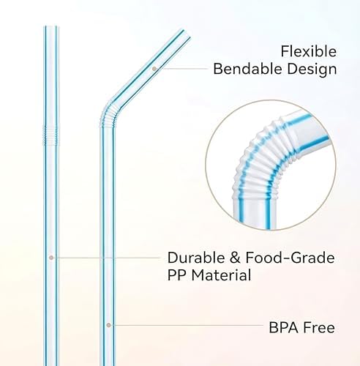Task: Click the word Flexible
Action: pyautogui.click(x=309, y=51)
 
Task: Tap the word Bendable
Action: pyautogui.click(x=248, y=69)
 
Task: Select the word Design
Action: pyautogui.click(x=312, y=70)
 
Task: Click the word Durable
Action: pyautogui.click(x=196, y=258)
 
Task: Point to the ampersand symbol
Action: pyautogui.click(x=235, y=258)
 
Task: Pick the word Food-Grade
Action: pyautogui.click(x=290, y=258)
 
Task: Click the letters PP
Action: pyautogui.click(x=177, y=275)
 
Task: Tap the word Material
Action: pyautogui.click(x=221, y=275)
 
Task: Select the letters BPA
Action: pyautogui.click(x=283, y=327)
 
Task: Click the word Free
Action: pyautogui.click(x=319, y=327)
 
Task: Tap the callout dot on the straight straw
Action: pyautogui.click(x=51, y=258)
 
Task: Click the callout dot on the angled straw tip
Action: pyautogui.click(x=154, y=69)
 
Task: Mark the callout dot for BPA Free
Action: pyautogui.click(x=109, y=325)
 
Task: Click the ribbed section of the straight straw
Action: pyautogui.click(x=51, y=135)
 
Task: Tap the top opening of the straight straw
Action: pyautogui.click(x=51, y=26)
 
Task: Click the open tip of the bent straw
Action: pyautogui.click(x=187, y=34)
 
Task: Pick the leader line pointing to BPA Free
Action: pyautogui.click(x=186, y=325)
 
